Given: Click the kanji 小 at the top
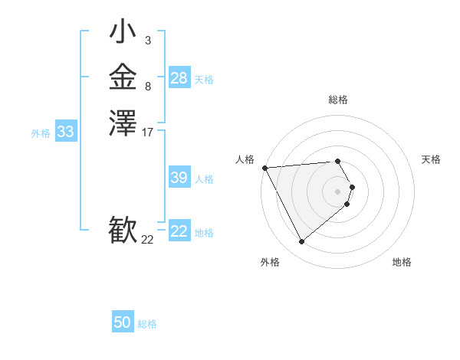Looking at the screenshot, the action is (x=123, y=33).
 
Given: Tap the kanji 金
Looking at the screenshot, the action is (x=123, y=77).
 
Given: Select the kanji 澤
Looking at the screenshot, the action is (x=123, y=123).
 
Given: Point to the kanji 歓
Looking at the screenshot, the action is (x=123, y=231).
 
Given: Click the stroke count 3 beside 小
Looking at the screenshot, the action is (x=147, y=41).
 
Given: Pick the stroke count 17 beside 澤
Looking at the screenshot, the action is (x=148, y=133).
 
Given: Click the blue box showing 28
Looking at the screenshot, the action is (x=179, y=78).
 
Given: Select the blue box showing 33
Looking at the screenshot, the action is (x=65, y=133).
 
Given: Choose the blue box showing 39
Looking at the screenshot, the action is (x=179, y=178).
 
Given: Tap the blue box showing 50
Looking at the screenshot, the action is (x=123, y=323).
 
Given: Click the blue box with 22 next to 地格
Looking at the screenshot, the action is (x=179, y=231).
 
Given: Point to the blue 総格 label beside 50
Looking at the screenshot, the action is (x=147, y=324).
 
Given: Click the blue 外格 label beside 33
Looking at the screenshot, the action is (x=41, y=133).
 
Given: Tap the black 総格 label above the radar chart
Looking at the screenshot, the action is (x=338, y=100).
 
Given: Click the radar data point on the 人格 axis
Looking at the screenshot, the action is (x=264, y=168).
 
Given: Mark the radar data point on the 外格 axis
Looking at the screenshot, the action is (x=301, y=242).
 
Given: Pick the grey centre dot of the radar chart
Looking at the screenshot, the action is (x=338, y=191).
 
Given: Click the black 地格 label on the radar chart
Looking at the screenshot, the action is (x=402, y=262).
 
